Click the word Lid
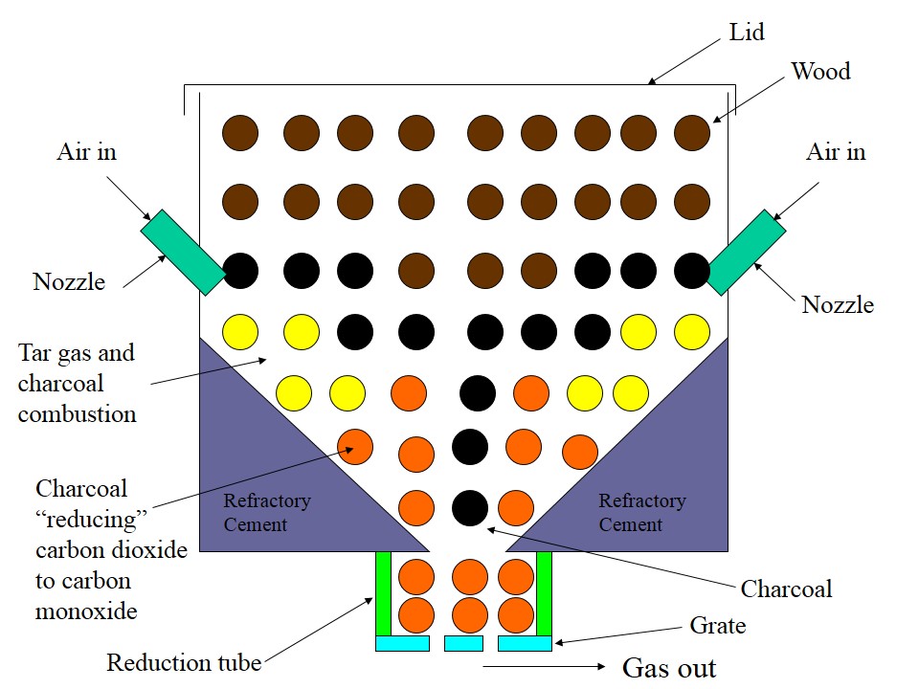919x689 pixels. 747,33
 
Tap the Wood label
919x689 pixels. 820,72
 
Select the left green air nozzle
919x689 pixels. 183,252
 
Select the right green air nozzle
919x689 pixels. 745,252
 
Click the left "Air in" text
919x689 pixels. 86,152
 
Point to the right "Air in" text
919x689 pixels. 836,152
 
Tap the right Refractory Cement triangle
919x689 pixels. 661,478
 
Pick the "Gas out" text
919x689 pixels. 669,667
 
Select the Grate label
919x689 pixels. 717,626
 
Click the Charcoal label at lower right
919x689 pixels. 786,588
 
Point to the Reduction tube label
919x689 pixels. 184,662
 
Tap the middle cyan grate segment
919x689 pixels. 463,643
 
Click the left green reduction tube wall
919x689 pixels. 383,593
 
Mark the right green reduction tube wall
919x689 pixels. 544,593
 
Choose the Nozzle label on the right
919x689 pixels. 838,304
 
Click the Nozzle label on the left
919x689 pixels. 69,281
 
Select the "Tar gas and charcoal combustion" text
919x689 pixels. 77,383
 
